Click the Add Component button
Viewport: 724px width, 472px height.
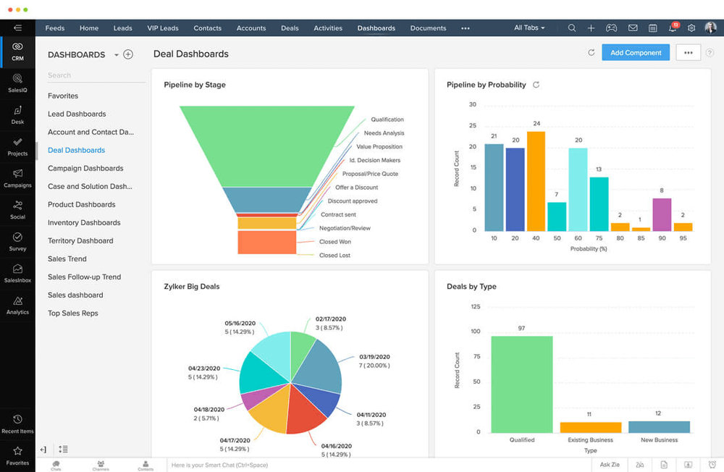[635, 53]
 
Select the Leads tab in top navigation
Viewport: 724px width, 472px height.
[122, 28]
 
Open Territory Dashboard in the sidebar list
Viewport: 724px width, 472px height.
[80, 241]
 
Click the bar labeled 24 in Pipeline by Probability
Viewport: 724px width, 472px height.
[536, 181]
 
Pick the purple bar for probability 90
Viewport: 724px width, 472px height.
[662, 214]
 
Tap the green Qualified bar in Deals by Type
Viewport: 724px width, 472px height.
[521, 384]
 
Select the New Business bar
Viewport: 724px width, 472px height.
[659, 426]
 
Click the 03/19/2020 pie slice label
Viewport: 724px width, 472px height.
[374, 357]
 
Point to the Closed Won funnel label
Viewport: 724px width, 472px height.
[334, 242]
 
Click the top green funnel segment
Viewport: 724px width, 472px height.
[267, 145]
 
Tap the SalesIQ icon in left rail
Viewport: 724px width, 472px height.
[17, 82]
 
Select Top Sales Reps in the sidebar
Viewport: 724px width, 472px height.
[73, 313]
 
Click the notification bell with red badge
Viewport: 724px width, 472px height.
[673, 28]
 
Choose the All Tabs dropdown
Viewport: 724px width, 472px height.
[529, 28]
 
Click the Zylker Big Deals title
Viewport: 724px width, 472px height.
[192, 287]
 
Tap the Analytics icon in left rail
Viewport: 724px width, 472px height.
[17, 305]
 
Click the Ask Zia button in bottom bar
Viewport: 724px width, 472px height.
[610, 465]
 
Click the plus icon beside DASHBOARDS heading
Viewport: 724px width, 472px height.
[128, 54]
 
